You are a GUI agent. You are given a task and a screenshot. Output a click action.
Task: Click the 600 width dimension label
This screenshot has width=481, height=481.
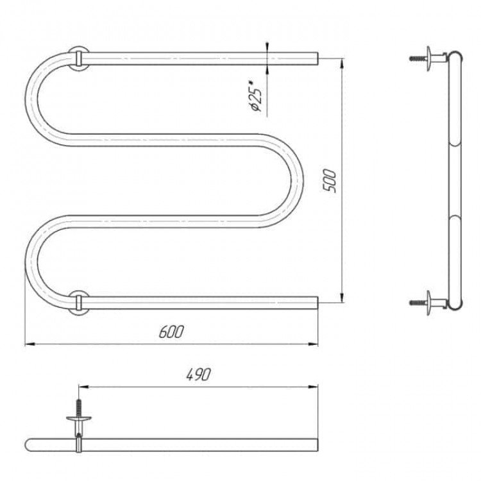click(171, 332)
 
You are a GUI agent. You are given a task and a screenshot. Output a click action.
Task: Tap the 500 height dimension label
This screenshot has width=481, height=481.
click(330, 181)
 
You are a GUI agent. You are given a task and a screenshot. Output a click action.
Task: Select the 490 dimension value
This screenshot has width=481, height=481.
click(199, 375)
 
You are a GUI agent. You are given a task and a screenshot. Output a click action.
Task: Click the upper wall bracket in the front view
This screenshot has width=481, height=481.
click(78, 58)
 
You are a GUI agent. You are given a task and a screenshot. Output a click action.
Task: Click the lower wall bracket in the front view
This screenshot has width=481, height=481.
click(78, 303)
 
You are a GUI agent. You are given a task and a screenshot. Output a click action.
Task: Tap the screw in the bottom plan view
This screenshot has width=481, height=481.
click(79, 407)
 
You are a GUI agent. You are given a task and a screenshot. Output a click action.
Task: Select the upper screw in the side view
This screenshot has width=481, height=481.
click(418, 58)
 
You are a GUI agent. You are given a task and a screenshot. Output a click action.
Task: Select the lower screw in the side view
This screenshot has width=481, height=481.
click(418, 303)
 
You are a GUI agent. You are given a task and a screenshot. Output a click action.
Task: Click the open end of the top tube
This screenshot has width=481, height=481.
click(317, 58)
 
